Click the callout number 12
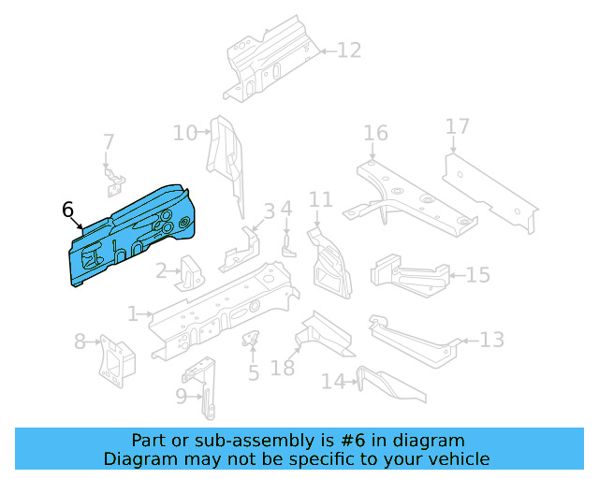(x=348, y=51)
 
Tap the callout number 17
(x=457, y=126)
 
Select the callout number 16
(x=375, y=134)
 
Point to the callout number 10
(x=185, y=134)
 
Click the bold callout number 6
(x=67, y=210)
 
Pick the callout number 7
(x=109, y=142)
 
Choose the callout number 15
(x=477, y=275)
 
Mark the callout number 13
(x=492, y=340)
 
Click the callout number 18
(x=283, y=369)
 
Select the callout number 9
(x=182, y=396)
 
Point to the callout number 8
(x=80, y=341)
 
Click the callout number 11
(x=321, y=200)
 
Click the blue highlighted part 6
(x=131, y=234)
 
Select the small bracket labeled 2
(x=192, y=273)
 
